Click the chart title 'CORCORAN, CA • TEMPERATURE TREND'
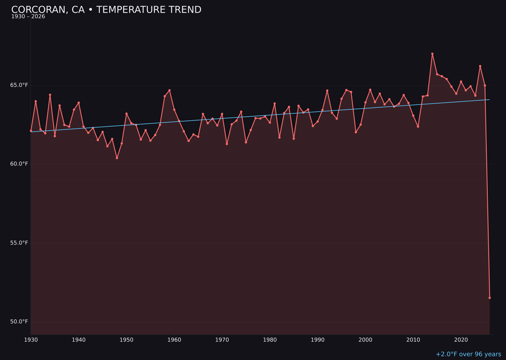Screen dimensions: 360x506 [x=106, y=10]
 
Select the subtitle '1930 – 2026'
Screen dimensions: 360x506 [x=28, y=17]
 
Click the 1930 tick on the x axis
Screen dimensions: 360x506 [x=31, y=339]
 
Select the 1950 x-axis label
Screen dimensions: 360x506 [x=126, y=339]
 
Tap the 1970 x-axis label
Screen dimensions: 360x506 [x=222, y=339]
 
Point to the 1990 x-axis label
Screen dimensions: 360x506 [x=318, y=339]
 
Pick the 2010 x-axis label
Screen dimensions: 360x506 [x=413, y=339]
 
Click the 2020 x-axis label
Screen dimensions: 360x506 [x=461, y=339]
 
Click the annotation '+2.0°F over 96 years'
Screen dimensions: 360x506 [x=468, y=354]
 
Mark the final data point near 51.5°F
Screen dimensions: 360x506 [x=490, y=298]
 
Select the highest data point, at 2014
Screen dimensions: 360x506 [x=432, y=54]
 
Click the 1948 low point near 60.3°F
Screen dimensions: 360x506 [x=117, y=158]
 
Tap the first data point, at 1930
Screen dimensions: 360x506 [x=31, y=131]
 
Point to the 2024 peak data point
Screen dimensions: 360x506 [x=480, y=66]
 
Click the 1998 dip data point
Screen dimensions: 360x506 [x=356, y=132]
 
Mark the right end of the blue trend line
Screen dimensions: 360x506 [x=490, y=99]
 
